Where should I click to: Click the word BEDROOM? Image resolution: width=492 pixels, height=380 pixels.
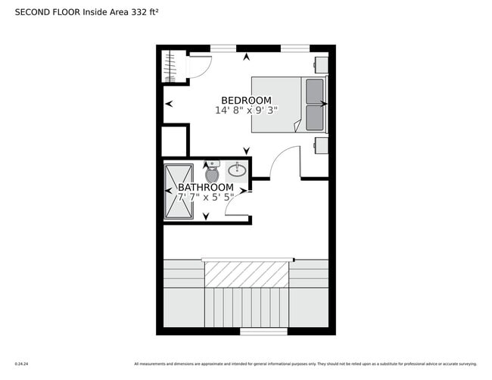click(246, 100)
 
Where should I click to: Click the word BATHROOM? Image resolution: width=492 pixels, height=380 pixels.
click(205, 187)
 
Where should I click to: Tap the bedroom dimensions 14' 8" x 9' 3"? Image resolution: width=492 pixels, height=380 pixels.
click(246, 111)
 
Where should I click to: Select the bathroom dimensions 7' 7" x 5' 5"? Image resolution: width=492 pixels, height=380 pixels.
click(205, 198)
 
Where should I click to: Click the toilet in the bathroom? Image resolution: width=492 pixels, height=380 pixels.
click(211, 174)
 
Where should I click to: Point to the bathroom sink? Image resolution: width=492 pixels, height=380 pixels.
click(237, 169)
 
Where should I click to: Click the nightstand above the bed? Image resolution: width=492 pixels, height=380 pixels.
click(321, 64)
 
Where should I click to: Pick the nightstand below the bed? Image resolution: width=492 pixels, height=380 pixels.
click(321, 145)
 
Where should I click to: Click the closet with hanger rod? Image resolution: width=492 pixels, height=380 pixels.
click(173, 67)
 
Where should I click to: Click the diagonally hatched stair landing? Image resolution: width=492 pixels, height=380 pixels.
click(248, 274)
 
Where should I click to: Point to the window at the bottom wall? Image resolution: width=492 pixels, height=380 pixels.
click(263, 332)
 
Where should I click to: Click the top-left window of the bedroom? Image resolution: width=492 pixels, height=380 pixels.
click(223, 48)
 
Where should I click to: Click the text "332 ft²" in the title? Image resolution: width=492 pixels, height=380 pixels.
click(143, 13)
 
